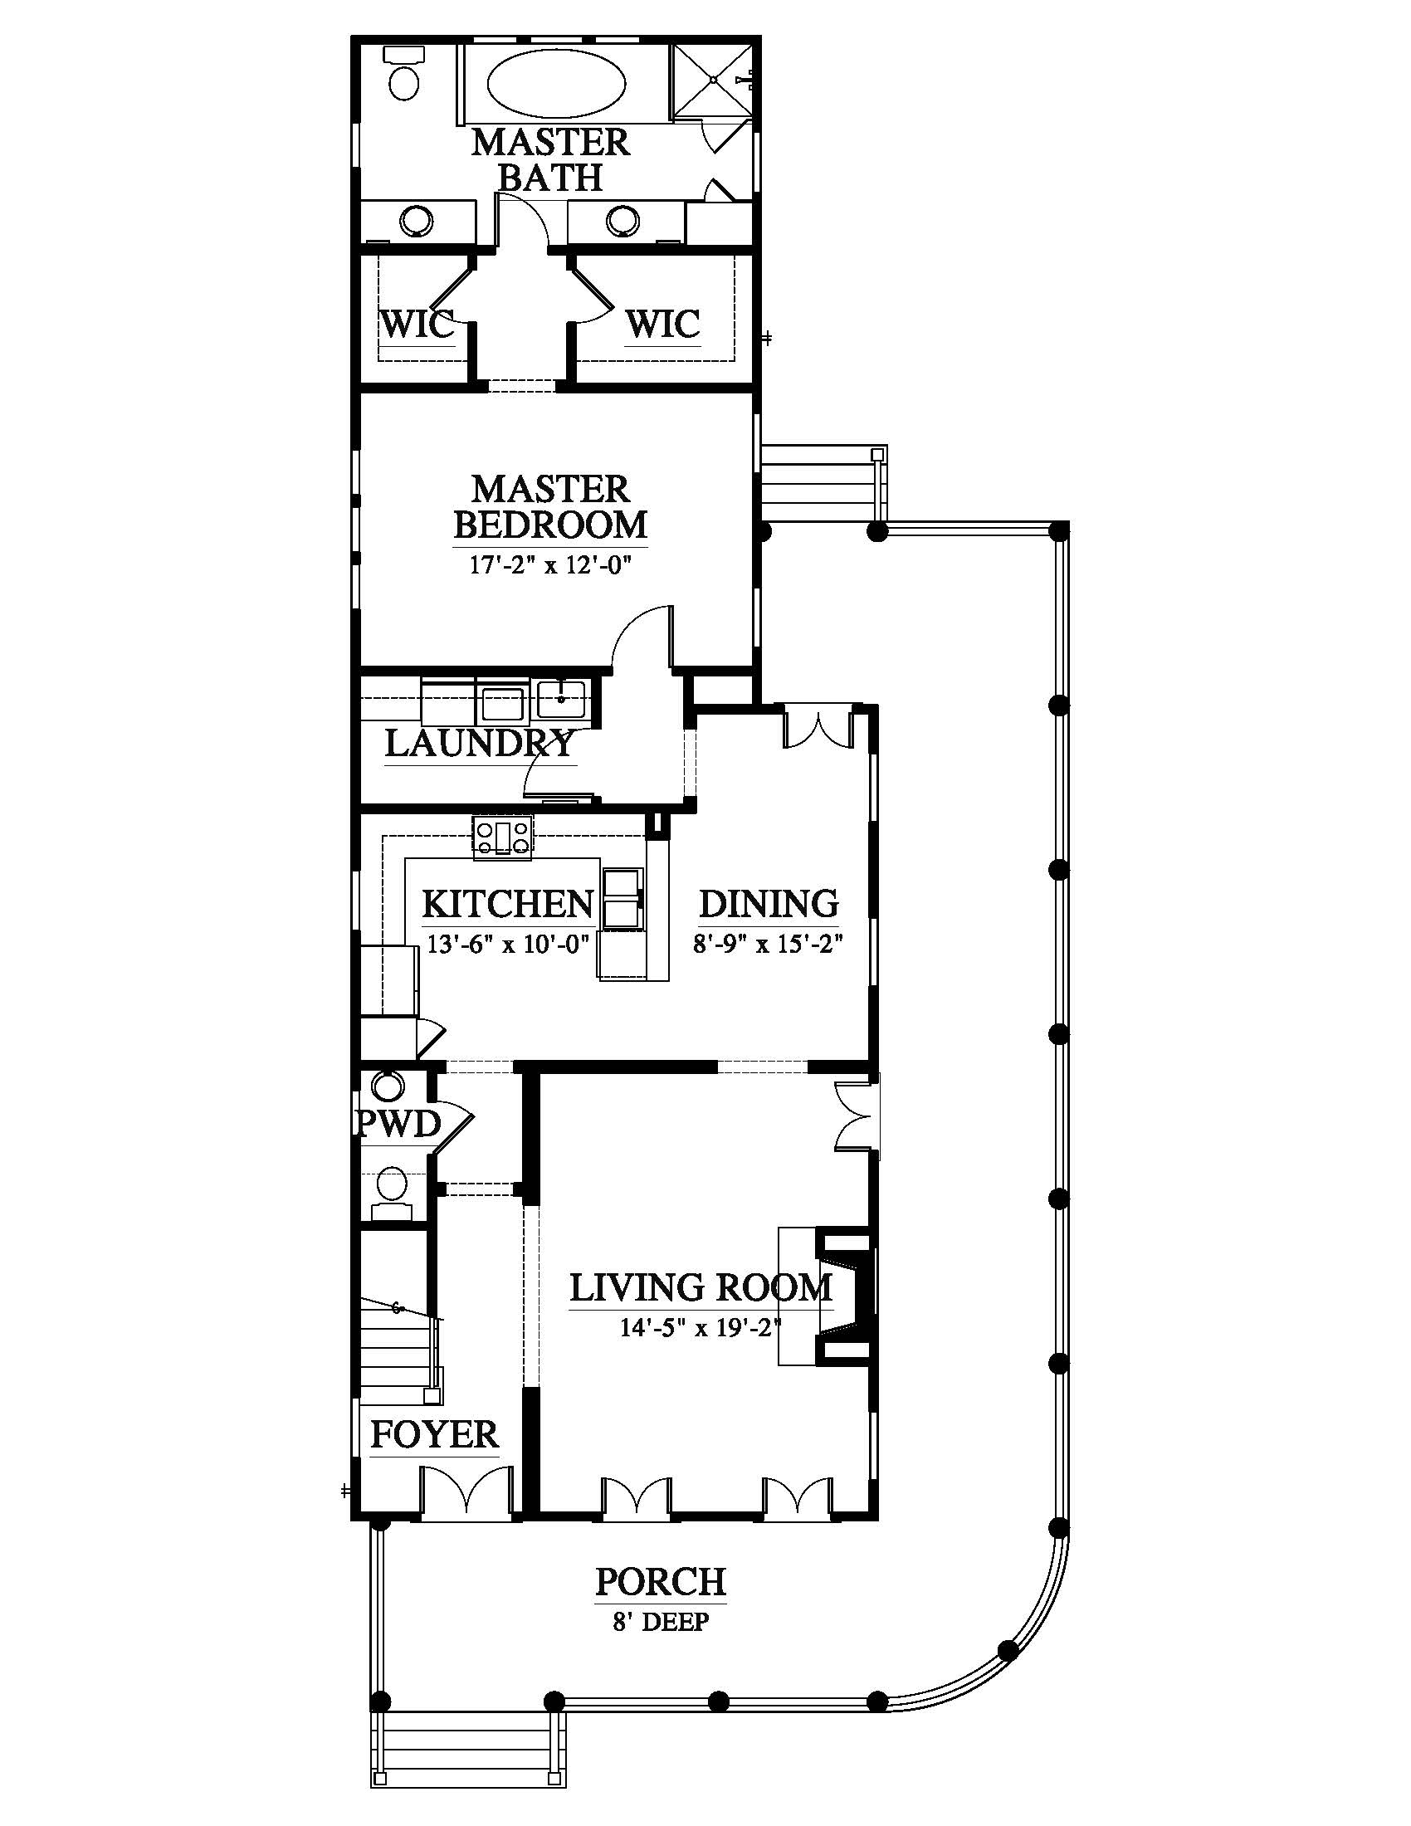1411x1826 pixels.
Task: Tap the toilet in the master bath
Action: tap(404, 73)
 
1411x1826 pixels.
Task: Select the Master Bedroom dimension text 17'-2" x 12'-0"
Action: tap(549, 564)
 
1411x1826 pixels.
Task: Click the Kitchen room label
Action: tap(507, 904)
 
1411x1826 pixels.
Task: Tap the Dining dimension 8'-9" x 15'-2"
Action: tap(768, 944)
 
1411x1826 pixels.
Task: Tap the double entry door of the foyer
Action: tap(465, 1489)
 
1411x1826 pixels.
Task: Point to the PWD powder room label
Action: tap(398, 1125)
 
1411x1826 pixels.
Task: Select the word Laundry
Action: tap(480, 743)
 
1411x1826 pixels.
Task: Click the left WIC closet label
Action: tap(417, 324)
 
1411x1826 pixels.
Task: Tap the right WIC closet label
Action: tap(663, 324)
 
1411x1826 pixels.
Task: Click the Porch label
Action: tap(661, 1583)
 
